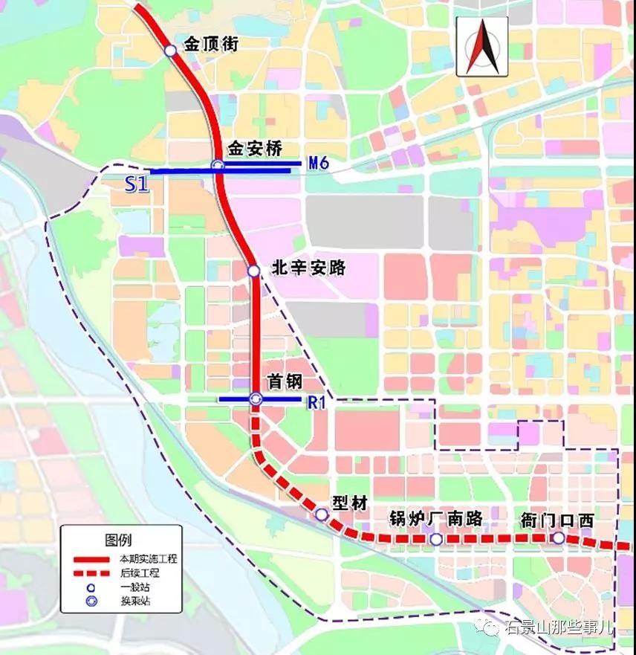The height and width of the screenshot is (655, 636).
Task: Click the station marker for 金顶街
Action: [x=170, y=50]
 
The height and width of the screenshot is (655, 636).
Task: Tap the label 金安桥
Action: [x=256, y=149]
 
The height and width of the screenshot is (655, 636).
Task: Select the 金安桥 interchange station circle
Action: [x=218, y=165]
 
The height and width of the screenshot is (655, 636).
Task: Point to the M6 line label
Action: [x=318, y=163]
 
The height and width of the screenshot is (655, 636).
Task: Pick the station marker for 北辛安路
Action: [x=253, y=271]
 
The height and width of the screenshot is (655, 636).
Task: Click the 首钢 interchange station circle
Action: [x=256, y=399]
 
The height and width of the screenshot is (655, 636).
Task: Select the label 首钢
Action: [x=285, y=381]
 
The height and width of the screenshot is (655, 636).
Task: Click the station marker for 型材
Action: [x=322, y=514]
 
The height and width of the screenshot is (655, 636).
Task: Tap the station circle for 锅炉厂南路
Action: [x=436, y=539]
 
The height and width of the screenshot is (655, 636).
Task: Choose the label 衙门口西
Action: [x=558, y=520]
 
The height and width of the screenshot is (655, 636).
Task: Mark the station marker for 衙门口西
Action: [x=558, y=538]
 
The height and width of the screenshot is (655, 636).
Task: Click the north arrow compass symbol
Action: [x=482, y=46]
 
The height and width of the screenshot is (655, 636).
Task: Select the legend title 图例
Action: [x=121, y=540]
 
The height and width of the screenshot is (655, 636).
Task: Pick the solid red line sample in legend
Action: [x=88, y=558]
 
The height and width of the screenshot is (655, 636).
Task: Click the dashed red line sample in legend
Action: [x=88, y=573]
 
